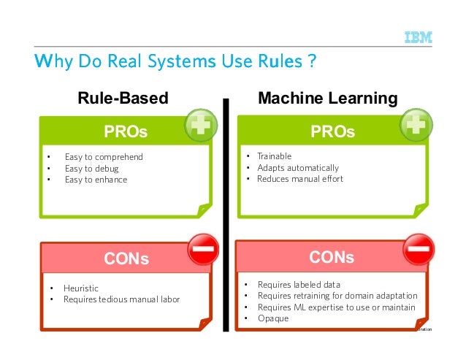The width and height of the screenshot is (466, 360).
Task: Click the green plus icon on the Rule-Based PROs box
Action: point(200,126)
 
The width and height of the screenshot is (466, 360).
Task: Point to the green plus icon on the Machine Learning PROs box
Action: point(416,125)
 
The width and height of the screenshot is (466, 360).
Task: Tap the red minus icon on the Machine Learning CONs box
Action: point(419,250)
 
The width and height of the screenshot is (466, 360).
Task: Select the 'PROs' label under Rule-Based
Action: point(126,132)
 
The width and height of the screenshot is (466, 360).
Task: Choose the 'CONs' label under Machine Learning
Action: point(332,258)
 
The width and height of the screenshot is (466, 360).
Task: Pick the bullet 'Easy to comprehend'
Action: point(104,157)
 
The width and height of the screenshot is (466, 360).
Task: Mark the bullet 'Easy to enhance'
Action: point(96,180)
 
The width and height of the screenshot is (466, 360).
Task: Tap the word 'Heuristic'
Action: point(81,288)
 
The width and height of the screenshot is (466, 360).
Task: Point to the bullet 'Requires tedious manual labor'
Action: point(121,299)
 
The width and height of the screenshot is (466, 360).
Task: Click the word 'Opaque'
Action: point(272,318)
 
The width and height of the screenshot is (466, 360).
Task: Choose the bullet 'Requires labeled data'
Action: point(299,284)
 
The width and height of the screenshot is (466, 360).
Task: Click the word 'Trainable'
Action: point(274,156)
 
